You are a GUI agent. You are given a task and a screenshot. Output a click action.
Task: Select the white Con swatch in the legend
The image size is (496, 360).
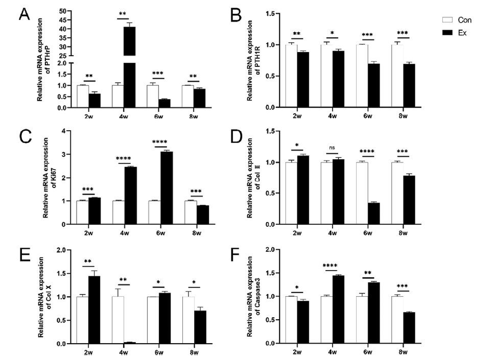[447, 20]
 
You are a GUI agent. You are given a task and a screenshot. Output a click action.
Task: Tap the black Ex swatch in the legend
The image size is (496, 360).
[447, 32]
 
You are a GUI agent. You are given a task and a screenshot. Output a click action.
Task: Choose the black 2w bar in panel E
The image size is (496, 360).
[94, 309]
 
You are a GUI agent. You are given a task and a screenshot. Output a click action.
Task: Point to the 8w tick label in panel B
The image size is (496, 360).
[403, 116]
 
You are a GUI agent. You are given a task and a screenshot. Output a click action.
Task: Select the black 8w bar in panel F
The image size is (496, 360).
[409, 328]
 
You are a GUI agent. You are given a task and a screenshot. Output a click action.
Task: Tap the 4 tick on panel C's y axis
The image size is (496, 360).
[64, 131]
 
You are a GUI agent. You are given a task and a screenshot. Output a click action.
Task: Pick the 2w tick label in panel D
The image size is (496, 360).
[296, 234]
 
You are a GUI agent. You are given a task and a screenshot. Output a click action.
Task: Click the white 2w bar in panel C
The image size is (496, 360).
[82, 212]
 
